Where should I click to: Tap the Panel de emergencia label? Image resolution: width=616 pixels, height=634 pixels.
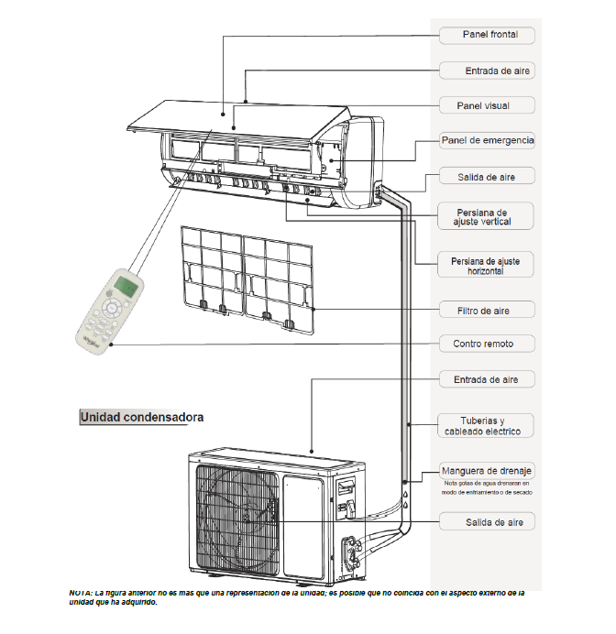point(487,140)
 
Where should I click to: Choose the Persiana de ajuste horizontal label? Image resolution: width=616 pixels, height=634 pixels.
point(485,267)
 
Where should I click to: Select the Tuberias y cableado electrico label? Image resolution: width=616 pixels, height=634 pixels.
point(485,425)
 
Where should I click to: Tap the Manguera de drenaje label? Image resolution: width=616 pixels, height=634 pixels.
point(487,469)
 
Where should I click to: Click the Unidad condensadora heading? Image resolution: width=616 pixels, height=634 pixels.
point(141,417)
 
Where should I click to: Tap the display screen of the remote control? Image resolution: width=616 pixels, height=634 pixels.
point(128,289)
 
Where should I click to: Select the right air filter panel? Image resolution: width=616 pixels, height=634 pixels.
point(277,277)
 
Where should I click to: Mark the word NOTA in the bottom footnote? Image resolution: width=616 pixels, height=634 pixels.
point(82,593)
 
